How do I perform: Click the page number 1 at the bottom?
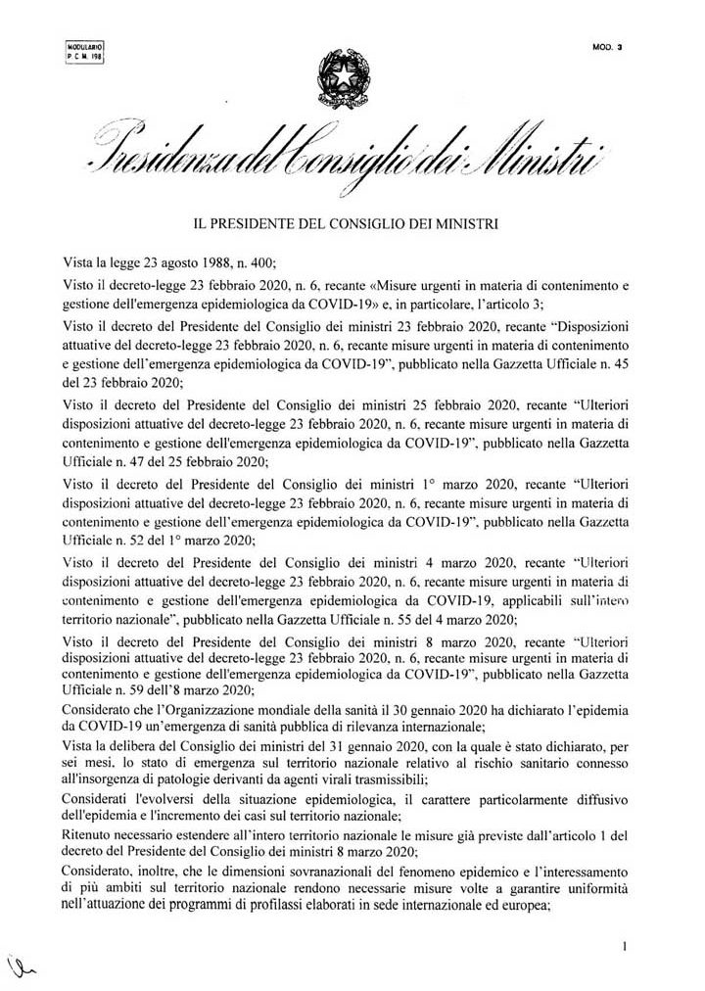click(x=624, y=947)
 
